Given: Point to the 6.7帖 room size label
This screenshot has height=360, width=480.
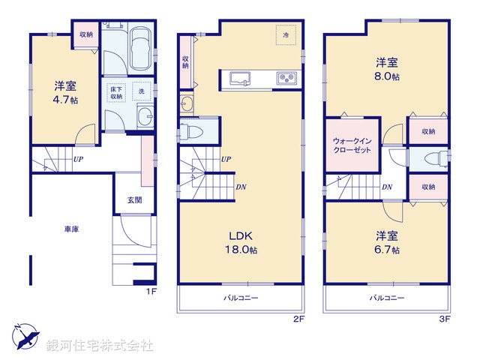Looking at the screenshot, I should coord(388,249).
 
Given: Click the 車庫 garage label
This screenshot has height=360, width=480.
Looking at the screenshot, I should coord(71,230).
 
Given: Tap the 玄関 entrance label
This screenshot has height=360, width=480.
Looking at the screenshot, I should coord(133,199).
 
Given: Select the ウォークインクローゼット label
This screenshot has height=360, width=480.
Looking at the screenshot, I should coord(352,145).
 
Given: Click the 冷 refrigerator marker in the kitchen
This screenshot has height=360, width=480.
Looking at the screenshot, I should coord(286,34).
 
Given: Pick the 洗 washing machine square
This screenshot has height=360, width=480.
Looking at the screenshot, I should coord(140,91).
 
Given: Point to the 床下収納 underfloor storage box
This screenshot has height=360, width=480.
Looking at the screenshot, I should coord(116,91).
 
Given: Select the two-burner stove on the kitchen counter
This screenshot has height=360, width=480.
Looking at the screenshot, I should coord(286,78).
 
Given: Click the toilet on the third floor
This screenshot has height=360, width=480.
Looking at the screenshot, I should coord(430,159).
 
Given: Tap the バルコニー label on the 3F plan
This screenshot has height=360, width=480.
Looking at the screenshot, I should coord(386,298).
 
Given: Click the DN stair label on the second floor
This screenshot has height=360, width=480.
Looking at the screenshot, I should coord(240,187).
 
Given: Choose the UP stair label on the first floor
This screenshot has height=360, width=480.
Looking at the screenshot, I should coord(78,159).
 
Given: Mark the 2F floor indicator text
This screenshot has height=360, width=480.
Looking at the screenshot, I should coord(298,319).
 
